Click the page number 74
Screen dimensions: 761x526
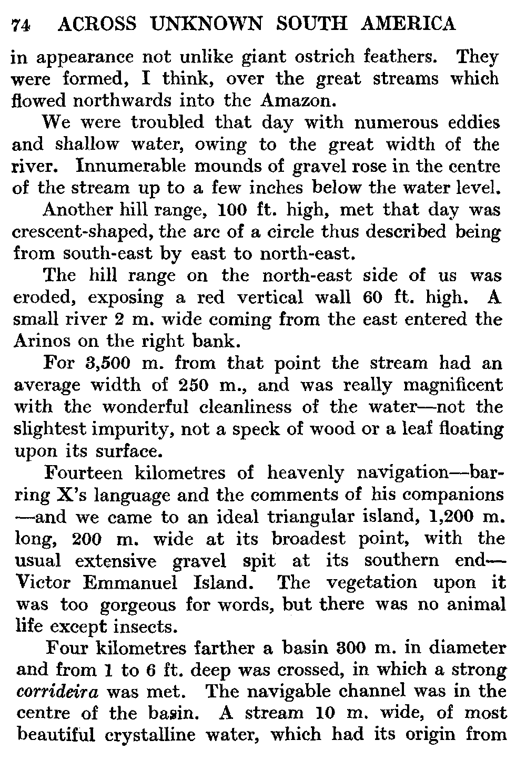pyautogui.click(x=21, y=25)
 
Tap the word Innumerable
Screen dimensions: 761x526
pyautogui.click(x=134, y=166)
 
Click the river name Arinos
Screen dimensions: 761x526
pyautogui.click(x=39, y=341)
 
